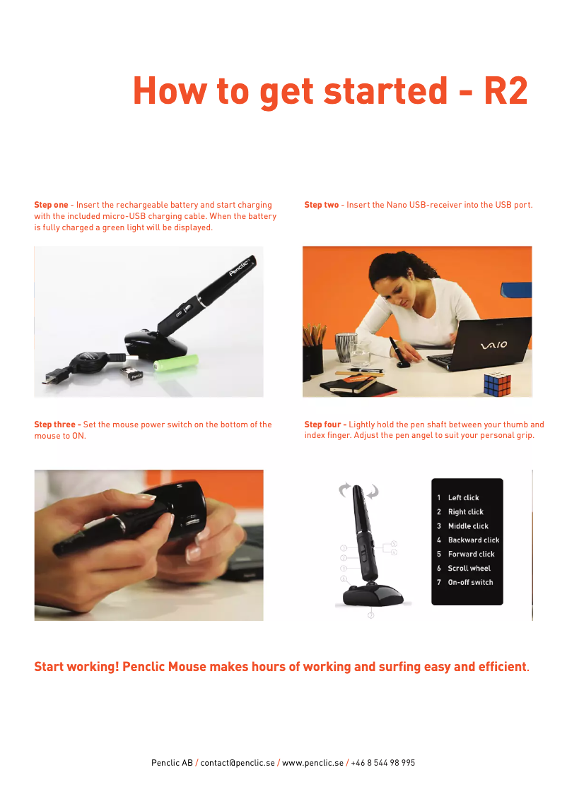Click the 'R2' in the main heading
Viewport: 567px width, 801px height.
505,90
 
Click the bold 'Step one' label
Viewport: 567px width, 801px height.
52,205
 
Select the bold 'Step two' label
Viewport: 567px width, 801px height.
322,205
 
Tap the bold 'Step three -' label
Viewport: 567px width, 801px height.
57,425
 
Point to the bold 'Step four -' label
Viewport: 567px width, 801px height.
325,425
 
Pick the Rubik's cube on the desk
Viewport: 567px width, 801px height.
497,384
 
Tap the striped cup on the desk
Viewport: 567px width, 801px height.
345,348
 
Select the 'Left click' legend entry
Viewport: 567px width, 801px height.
463,498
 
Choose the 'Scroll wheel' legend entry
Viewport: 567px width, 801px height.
469,569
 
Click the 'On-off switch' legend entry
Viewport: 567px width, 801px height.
470,583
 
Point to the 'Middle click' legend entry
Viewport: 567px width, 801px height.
468,526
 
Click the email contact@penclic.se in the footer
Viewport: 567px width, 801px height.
237,763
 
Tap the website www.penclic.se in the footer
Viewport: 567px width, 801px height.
312,763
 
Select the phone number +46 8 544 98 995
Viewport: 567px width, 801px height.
382,763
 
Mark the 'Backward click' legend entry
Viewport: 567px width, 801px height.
473,540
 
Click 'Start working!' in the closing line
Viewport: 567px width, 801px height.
76,667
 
